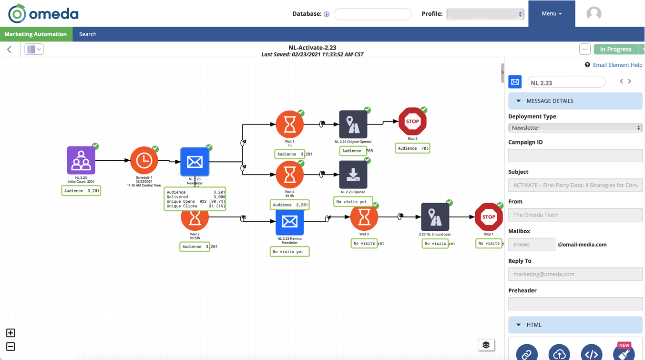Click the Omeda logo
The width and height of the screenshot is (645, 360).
point(43,14)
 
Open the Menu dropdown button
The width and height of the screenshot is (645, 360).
point(551,14)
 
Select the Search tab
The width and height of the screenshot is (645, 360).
point(88,34)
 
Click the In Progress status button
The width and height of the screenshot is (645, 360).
point(615,49)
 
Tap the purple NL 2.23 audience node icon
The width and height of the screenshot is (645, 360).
point(81,161)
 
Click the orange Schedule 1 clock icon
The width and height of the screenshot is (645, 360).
point(144,161)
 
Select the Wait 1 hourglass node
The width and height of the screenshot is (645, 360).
point(289,124)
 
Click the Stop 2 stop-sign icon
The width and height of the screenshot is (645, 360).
point(412,122)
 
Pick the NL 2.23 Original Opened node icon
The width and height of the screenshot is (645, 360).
point(353,124)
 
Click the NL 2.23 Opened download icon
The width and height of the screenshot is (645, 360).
point(353,175)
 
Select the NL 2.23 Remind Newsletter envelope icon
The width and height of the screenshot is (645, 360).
point(289,222)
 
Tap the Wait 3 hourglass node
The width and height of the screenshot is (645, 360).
point(364,217)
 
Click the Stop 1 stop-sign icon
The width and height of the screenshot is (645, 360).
point(488,217)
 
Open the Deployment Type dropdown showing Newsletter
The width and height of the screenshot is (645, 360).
point(575,128)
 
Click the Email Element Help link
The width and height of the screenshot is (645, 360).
point(617,65)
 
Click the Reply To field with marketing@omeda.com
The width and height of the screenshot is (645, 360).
point(575,274)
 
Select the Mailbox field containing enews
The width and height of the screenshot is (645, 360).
point(532,245)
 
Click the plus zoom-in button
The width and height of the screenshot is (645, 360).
point(10,333)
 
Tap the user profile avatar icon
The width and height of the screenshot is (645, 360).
point(594,14)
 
